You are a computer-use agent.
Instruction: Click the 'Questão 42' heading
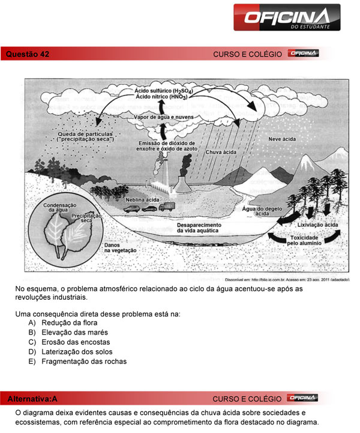tap(28, 54)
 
